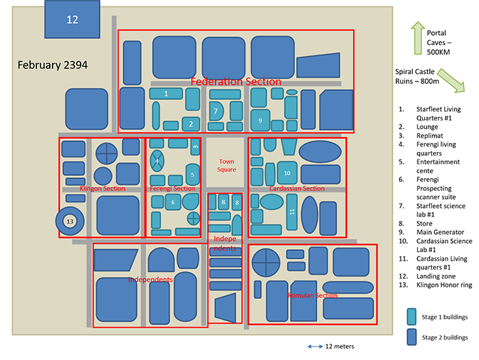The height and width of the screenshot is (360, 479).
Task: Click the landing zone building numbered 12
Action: [x=73, y=19]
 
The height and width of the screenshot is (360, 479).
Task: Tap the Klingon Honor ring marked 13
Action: [x=69, y=222]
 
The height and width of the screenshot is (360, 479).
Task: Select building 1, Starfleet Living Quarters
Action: [x=167, y=93]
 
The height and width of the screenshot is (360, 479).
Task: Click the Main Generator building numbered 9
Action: [x=259, y=120]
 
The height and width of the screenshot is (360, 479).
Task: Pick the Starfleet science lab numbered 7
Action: [x=216, y=112]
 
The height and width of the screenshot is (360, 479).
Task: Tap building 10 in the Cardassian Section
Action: [x=287, y=172]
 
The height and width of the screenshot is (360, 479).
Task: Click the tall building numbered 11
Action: [x=292, y=212]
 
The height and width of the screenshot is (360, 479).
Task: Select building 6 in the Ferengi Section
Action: [x=173, y=202]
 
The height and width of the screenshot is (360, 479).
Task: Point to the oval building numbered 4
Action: [x=157, y=162]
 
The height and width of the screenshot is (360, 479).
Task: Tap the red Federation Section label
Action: [x=236, y=81]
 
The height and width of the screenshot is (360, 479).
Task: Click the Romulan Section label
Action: [x=312, y=296]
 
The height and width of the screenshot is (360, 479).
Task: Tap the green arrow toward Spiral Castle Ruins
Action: [x=448, y=81]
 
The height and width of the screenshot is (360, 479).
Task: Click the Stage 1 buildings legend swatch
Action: [x=411, y=316]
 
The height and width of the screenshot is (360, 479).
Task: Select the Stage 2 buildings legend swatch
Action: [x=411, y=337]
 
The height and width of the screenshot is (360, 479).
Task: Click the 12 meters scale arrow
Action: [x=315, y=347]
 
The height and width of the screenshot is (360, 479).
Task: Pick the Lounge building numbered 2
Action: [x=191, y=124]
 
